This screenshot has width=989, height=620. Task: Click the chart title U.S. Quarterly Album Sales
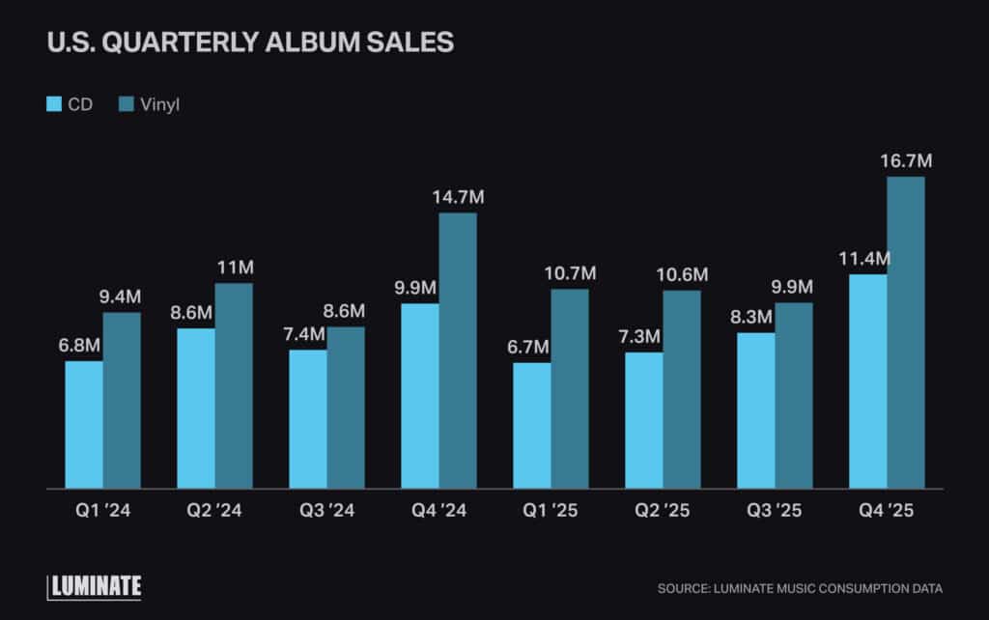click(250, 43)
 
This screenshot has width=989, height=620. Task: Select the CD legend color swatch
click(55, 104)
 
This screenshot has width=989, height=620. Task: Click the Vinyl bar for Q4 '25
click(906, 332)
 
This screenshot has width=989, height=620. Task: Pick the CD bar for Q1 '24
click(84, 425)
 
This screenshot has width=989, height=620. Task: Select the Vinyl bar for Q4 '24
click(458, 351)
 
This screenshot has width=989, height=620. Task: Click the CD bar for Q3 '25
click(756, 410)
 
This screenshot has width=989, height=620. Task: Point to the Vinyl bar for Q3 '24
click(346, 408)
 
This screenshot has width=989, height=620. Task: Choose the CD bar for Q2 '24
click(196, 409)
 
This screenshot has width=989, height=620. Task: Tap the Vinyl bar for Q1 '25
click(570, 388)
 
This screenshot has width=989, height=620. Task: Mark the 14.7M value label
click(458, 197)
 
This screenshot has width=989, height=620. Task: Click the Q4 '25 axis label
click(887, 512)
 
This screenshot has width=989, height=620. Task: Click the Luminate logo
click(95, 586)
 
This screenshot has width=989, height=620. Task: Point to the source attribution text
click(800, 588)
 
